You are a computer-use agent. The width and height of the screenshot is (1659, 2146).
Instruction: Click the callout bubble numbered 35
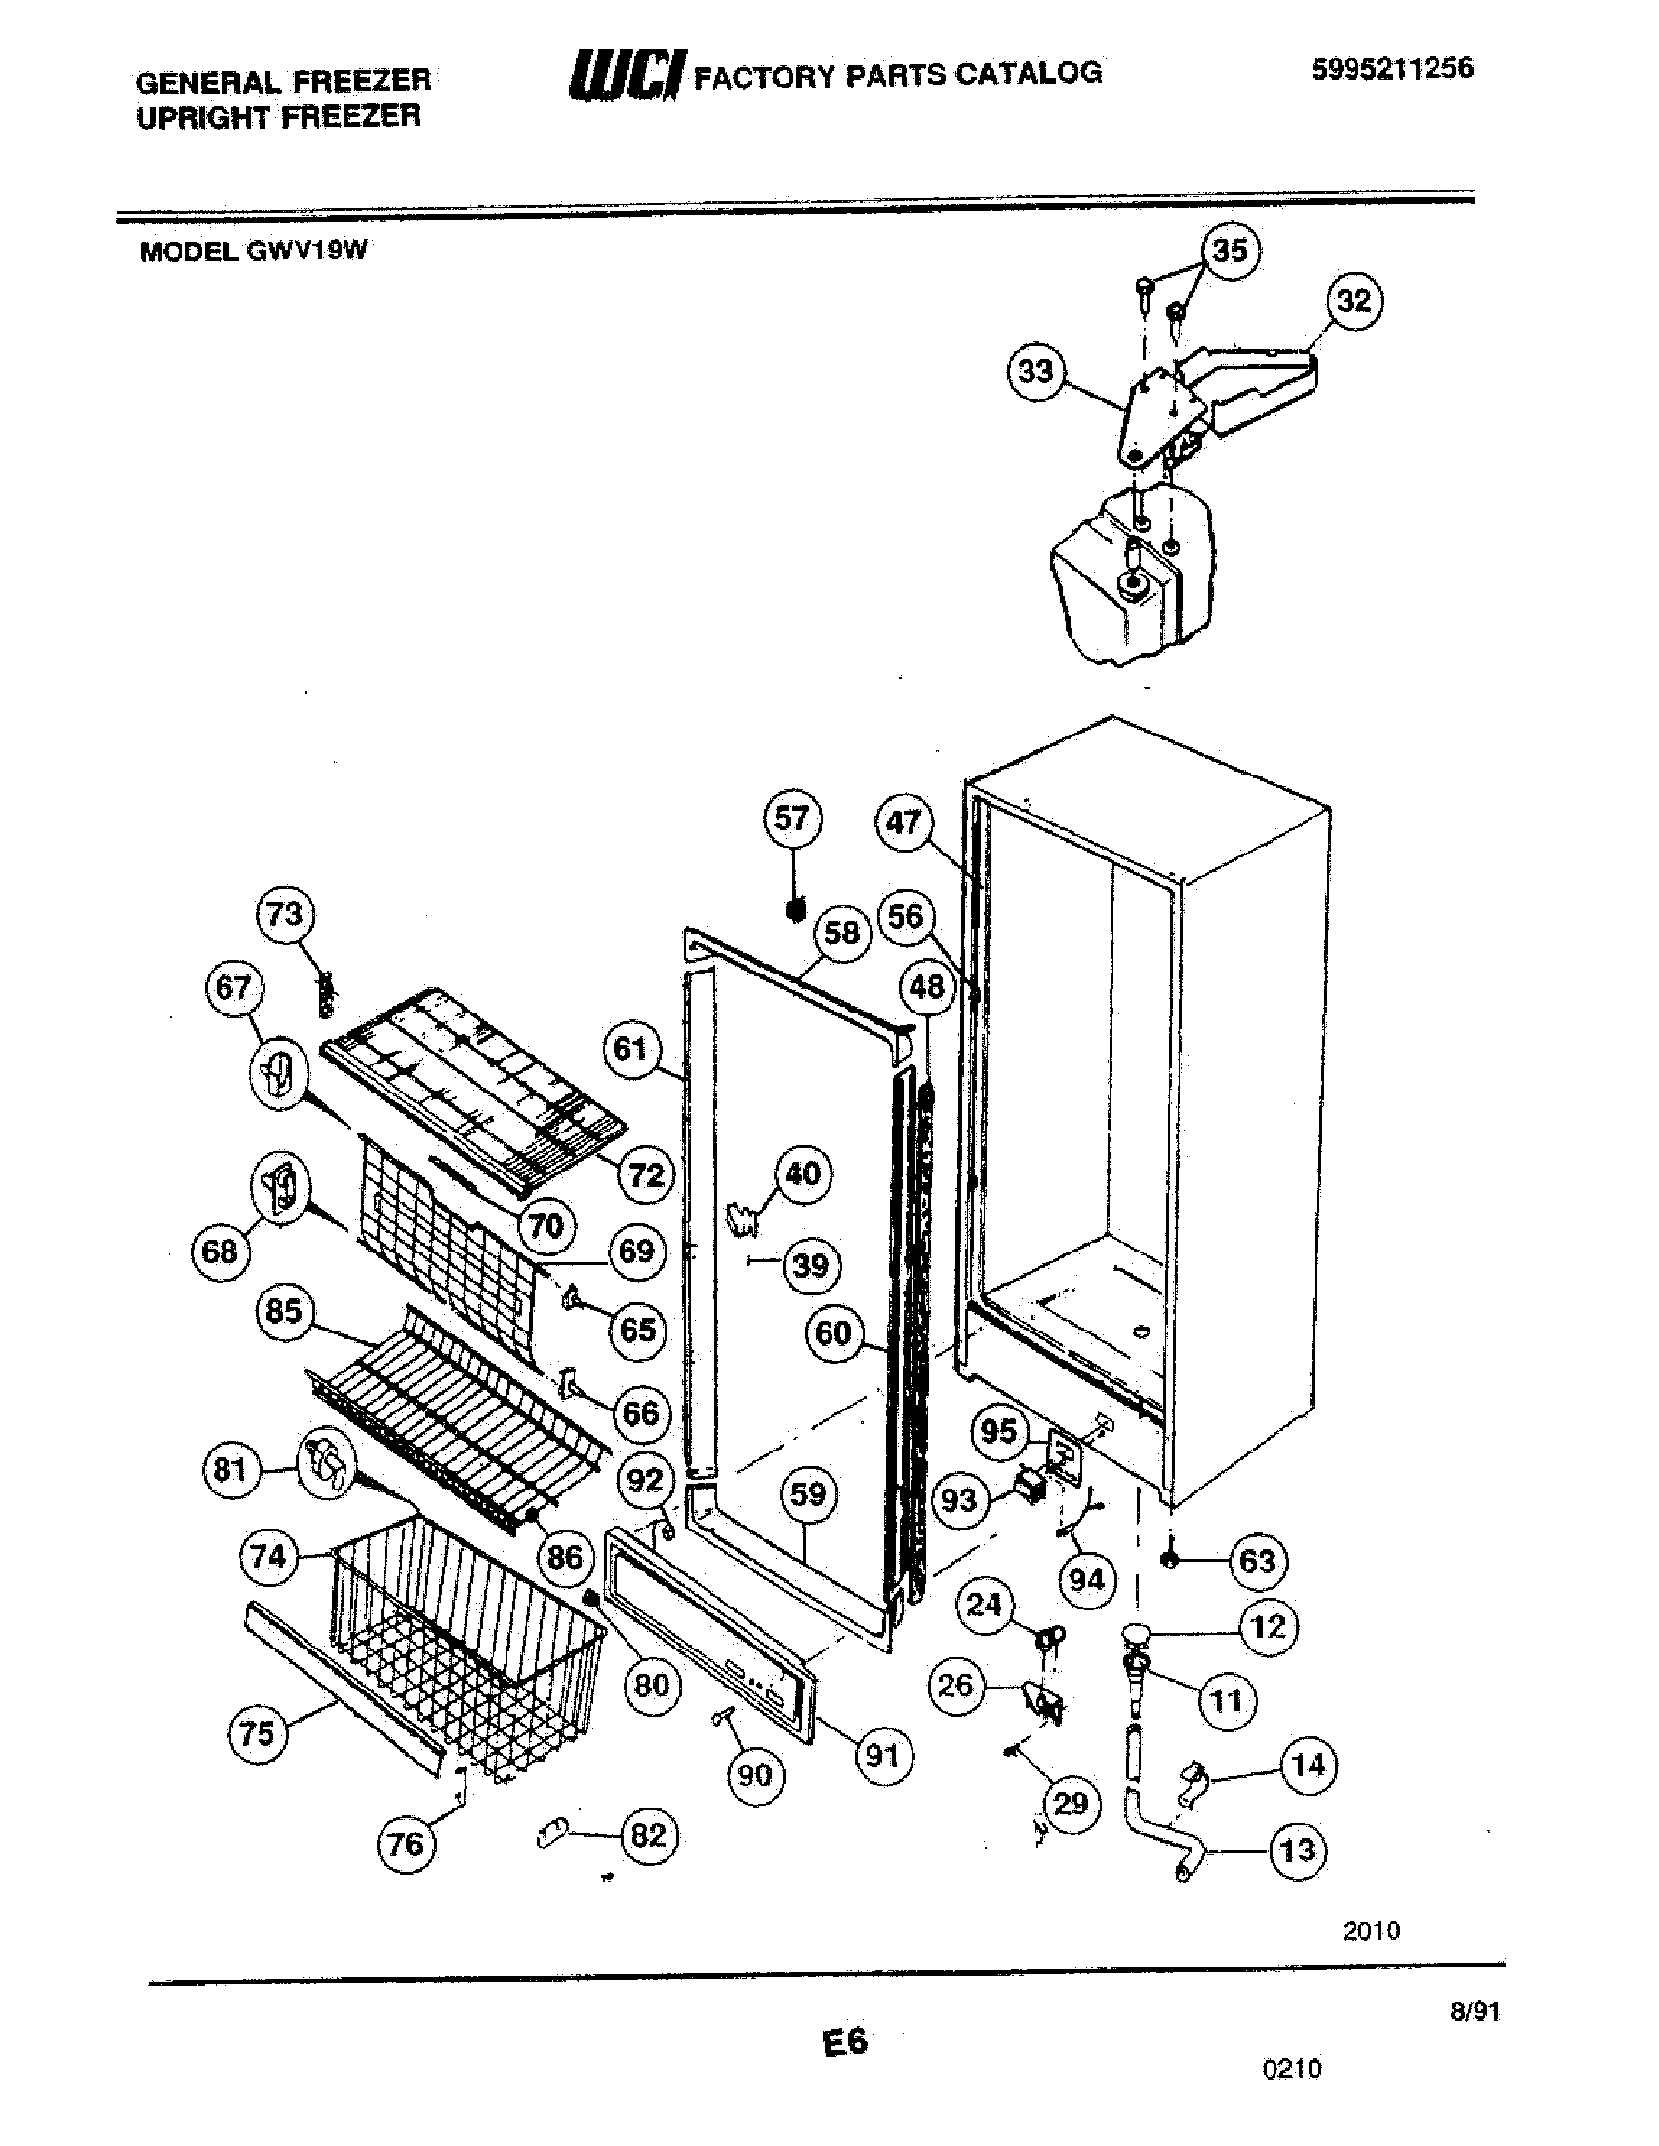(x=1230, y=250)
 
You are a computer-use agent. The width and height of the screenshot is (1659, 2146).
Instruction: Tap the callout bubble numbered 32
(x=1355, y=299)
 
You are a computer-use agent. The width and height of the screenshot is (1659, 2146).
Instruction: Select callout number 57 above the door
(x=791, y=817)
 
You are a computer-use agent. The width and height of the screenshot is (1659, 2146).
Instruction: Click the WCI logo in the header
(x=625, y=76)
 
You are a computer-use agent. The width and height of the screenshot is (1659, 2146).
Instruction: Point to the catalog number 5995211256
(x=1392, y=68)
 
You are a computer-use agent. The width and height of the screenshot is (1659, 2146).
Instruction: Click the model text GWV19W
(x=306, y=251)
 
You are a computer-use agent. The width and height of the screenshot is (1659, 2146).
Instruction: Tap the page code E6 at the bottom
(x=844, y=2042)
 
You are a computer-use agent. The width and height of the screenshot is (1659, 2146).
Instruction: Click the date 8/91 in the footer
(x=1475, y=2011)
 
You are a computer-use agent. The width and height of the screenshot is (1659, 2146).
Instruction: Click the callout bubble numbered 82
(x=649, y=1835)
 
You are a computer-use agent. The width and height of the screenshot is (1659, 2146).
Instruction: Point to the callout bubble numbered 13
(x=1297, y=1850)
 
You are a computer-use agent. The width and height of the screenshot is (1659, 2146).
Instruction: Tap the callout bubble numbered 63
(x=1257, y=1562)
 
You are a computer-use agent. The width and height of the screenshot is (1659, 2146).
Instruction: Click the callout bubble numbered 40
(x=803, y=1173)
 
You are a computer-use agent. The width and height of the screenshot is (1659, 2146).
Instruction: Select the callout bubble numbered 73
(x=284, y=914)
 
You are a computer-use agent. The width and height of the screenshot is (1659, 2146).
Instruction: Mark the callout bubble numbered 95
(x=998, y=1431)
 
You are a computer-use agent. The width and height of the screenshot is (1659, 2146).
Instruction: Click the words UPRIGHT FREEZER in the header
(x=278, y=117)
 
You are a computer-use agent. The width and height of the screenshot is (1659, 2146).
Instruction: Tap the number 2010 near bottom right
(x=1371, y=1930)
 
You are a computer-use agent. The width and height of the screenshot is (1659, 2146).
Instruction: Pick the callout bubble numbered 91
(x=882, y=1755)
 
